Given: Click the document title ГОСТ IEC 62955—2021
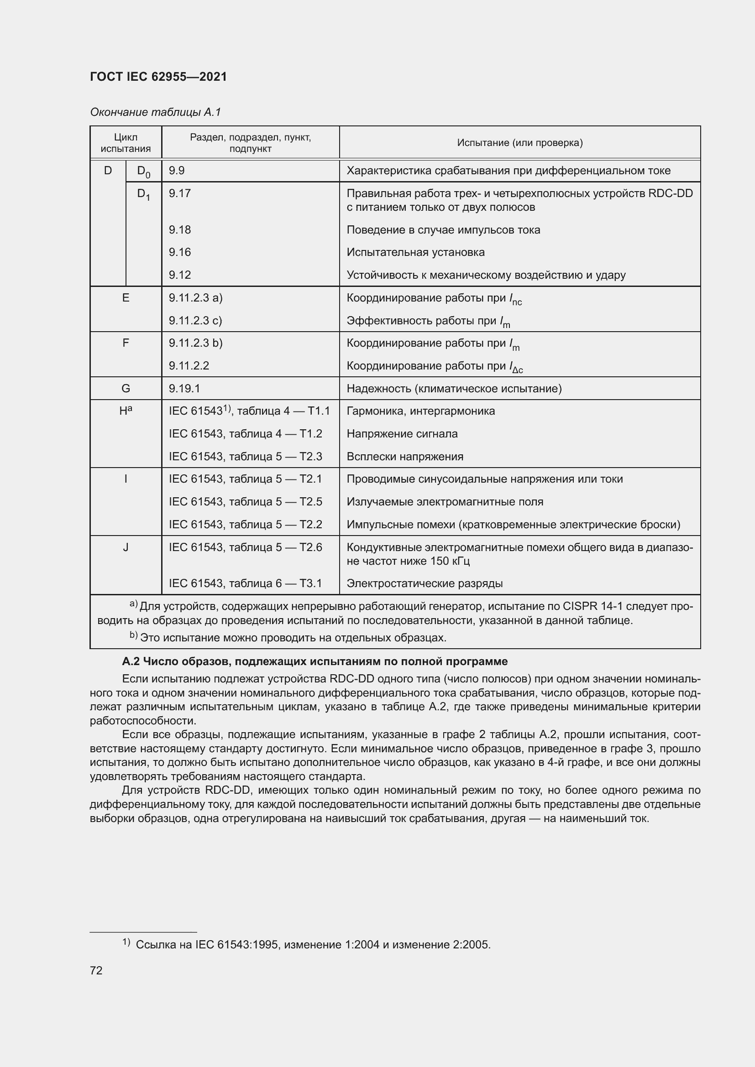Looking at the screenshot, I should [158, 77].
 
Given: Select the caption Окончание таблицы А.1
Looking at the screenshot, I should [155, 112].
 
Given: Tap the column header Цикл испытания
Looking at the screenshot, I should [126, 143].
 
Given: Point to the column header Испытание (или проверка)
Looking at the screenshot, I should [519, 143].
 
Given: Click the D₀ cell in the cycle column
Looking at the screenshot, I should [143, 172].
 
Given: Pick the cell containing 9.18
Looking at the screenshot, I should [179, 229].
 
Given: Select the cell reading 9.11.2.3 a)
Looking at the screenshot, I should [195, 297].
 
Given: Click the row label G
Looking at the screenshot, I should [126, 388].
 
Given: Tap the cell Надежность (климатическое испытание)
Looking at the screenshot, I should [454, 388].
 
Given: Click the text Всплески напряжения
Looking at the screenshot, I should [404, 456].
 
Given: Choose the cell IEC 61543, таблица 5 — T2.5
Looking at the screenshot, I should [245, 501].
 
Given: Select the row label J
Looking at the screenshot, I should [126, 547].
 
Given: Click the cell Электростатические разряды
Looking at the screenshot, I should [425, 583].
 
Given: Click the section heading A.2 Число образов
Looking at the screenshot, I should [314, 661].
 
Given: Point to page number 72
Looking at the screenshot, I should [96, 970].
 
